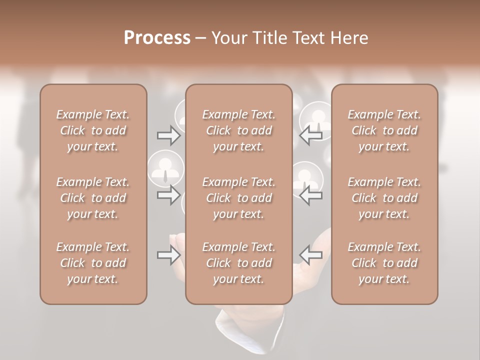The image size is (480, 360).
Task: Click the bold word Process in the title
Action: (x=157, y=38)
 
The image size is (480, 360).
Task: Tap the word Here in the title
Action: (x=348, y=38)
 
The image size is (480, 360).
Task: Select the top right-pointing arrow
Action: (x=168, y=135)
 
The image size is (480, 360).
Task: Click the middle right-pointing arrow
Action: (x=168, y=195)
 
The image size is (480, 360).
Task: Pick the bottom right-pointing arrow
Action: (x=168, y=255)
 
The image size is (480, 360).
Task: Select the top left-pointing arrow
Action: (x=311, y=135)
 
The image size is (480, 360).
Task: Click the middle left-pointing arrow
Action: (x=311, y=195)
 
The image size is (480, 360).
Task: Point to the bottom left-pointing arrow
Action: (x=311, y=255)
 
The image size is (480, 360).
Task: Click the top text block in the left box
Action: (x=93, y=130)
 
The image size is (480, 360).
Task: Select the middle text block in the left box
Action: (x=93, y=198)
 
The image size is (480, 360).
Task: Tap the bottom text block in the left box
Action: (x=93, y=263)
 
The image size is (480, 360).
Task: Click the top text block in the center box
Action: (x=238, y=130)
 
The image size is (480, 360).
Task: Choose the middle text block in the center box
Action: (x=238, y=198)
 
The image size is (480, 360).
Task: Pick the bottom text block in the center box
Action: (x=238, y=263)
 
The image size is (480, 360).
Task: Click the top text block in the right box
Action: (x=384, y=130)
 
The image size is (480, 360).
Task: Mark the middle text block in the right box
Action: (x=384, y=198)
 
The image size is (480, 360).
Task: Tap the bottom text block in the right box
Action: (x=384, y=263)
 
